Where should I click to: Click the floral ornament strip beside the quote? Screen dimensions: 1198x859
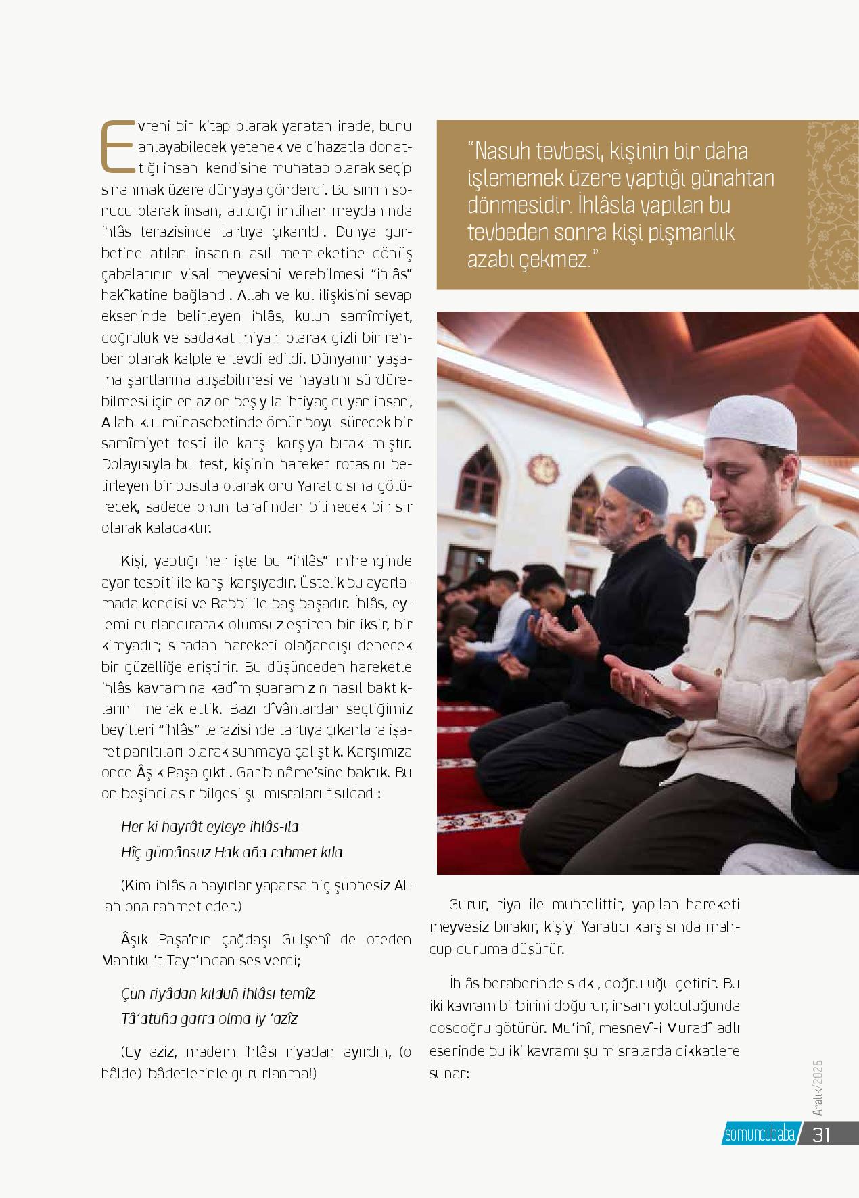tap(833, 206)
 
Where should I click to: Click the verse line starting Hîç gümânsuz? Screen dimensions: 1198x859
tap(232, 853)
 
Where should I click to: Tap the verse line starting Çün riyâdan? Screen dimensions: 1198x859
tap(218, 993)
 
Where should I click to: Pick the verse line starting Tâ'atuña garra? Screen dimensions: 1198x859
tap(210, 1019)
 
